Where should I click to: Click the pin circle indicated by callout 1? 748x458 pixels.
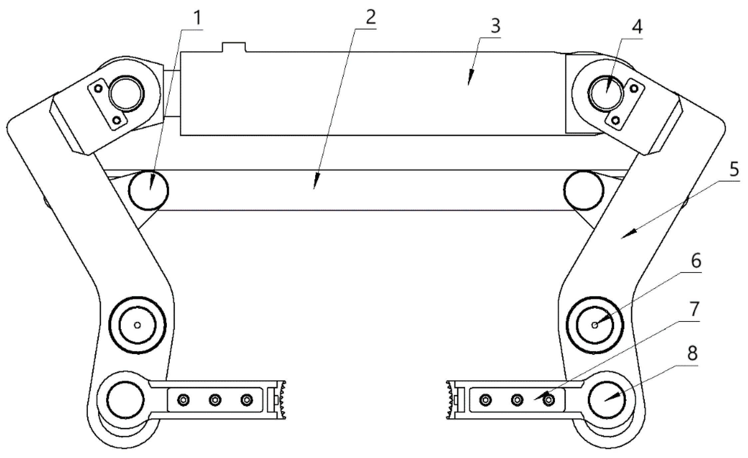[x=149, y=190]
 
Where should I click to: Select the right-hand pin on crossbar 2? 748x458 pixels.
[x=584, y=190]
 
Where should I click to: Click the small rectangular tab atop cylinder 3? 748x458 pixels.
[x=234, y=47]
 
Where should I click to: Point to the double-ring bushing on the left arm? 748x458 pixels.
[x=137, y=325]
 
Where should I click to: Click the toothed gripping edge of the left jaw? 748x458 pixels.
[x=283, y=400]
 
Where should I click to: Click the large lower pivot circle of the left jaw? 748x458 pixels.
[x=125, y=399]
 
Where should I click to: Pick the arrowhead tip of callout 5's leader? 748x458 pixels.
[x=622, y=238]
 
